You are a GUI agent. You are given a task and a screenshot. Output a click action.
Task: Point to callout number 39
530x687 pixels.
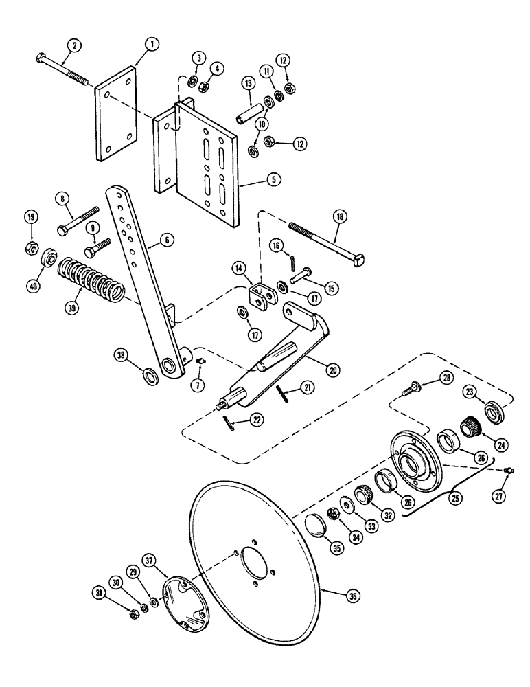tap(69, 309)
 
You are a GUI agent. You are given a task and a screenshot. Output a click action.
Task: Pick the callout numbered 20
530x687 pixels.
tap(334, 370)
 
